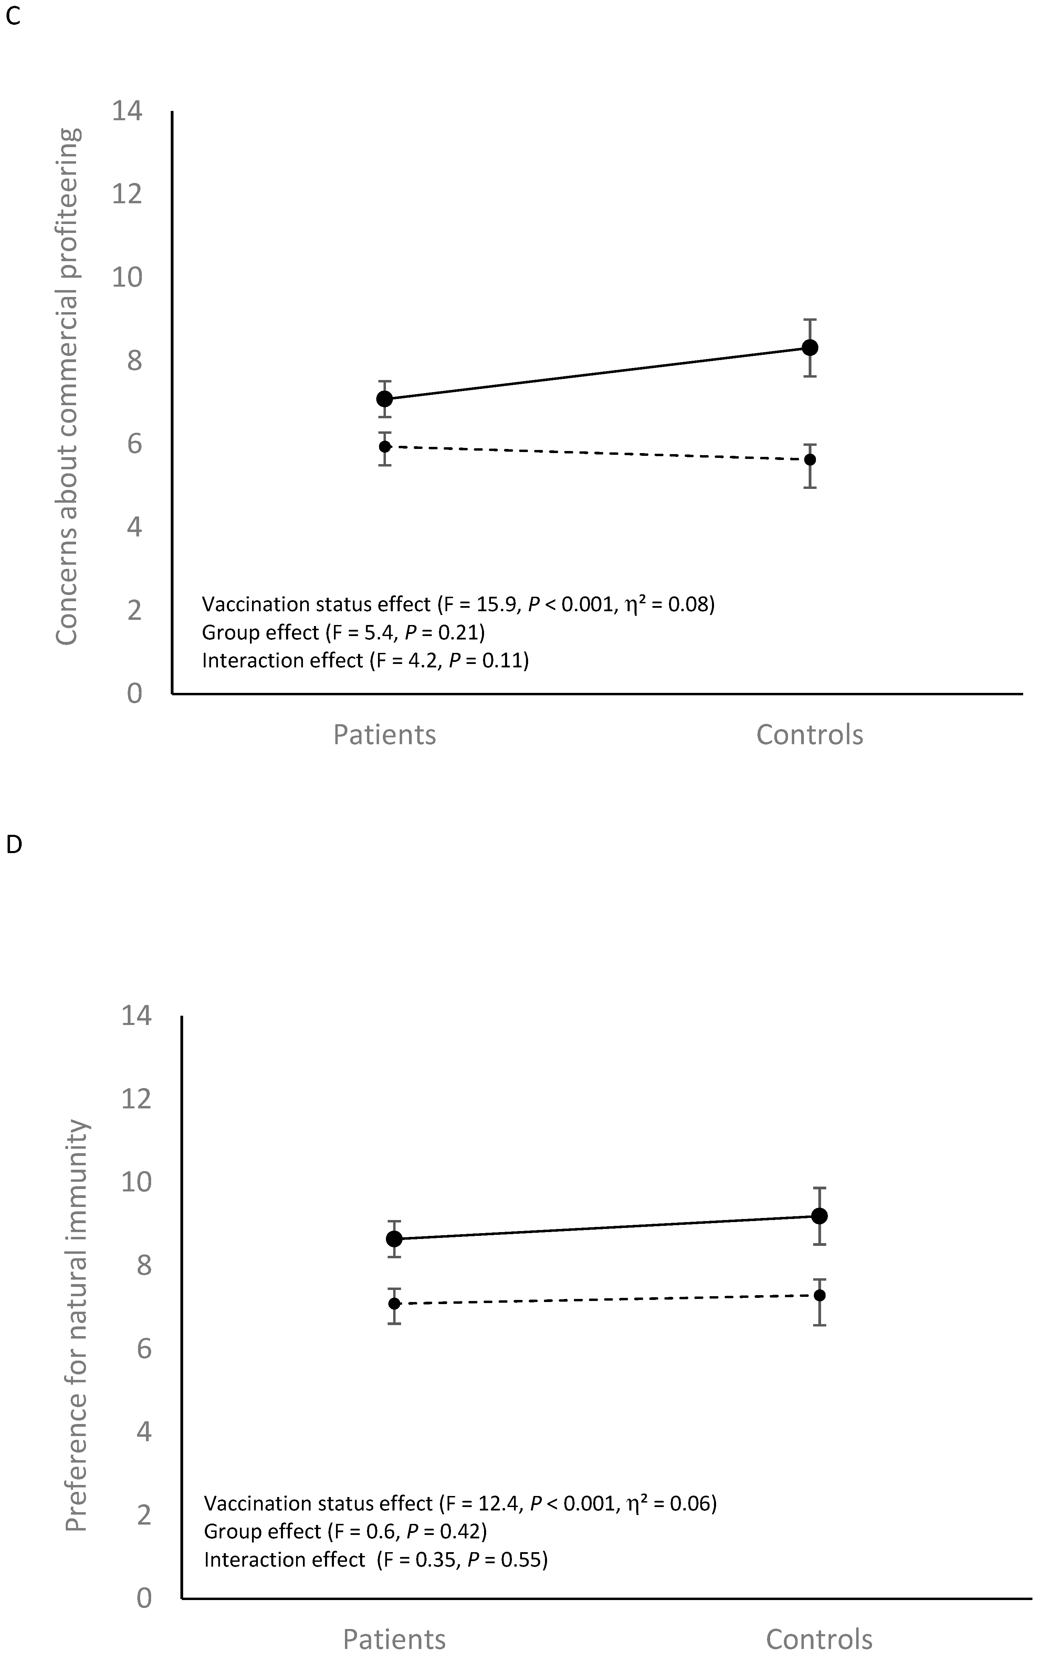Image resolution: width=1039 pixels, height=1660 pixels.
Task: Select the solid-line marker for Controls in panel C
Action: [810, 347]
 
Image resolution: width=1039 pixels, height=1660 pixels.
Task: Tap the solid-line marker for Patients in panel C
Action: [385, 399]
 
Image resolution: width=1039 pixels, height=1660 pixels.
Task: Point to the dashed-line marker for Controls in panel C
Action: [810, 459]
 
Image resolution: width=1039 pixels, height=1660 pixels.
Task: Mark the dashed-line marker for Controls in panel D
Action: [819, 1295]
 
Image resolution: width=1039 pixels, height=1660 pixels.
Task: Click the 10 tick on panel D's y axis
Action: [136, 1181]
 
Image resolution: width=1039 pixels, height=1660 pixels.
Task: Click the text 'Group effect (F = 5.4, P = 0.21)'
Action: [343, 632]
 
